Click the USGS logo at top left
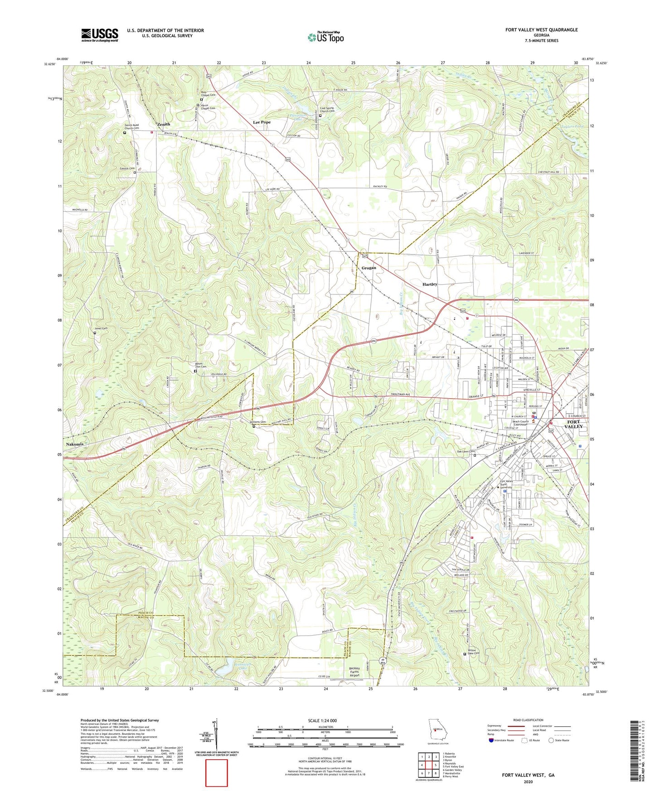tap(100, 35)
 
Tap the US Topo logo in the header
tap(325, 37)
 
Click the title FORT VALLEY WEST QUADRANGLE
tap(541, 30)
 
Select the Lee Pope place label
tap(262, 122)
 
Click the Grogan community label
tap(369, 268)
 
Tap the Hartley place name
tap(430, 284)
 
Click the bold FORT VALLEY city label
tap(575, 424)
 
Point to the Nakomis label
tap(75, 444)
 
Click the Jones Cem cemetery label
tap(101, 328)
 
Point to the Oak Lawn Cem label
tap(466, 451)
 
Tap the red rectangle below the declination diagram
tap(217, 773)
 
